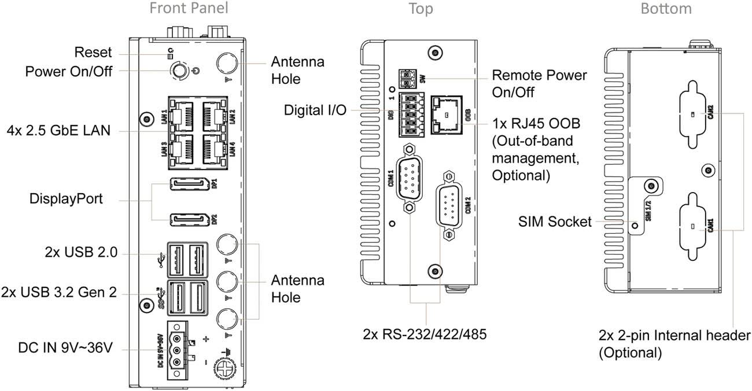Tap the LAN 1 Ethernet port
pyautogui.click(x=183, y=114)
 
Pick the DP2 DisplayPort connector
pyautogui.click(x=189, y=220)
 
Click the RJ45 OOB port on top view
pyautogui.click(x=447, y=113)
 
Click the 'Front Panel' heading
pyautogui.click(x=189, y=8)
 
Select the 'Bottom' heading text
pyautogui.click(x=666, y=8)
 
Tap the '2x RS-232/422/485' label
pyautogui.click(x=425, y=334)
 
